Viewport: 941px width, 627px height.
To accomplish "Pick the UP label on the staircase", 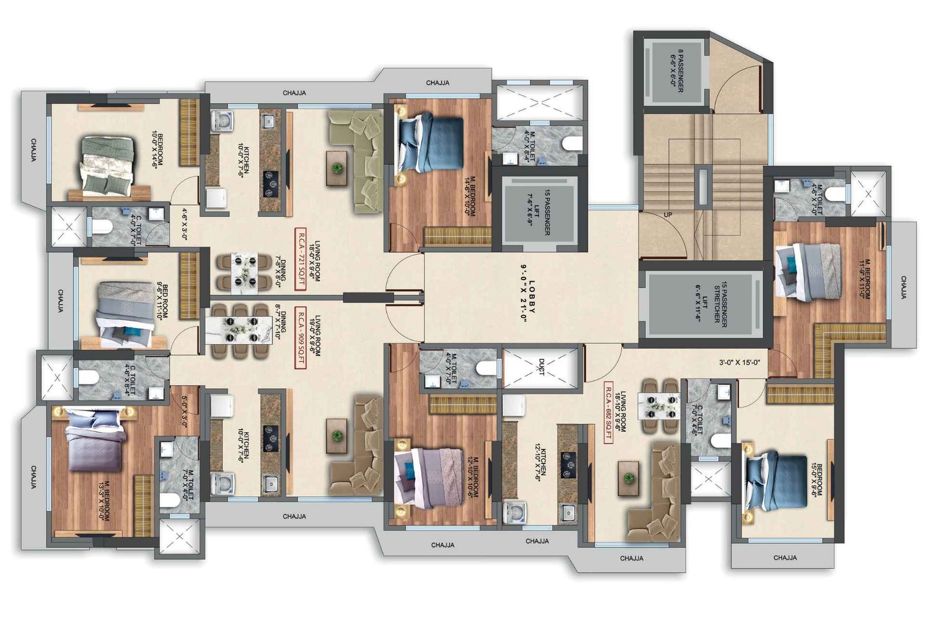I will pyautogui.click(x=668, y=215).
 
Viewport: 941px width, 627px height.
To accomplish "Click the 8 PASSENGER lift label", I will pyautogui.click(x=677, y=71).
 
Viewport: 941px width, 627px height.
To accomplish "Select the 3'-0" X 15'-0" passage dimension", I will pyautogui.click(x=739, y=363).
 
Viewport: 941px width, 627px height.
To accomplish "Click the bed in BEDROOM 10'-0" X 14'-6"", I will pyautogui.click(x=106, y=165).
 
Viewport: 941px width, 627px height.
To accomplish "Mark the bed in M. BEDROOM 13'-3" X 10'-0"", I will pyautogui.click(x=95, y=441).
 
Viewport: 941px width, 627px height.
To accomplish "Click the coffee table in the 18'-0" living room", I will pyautogui.click(x=337, y=168).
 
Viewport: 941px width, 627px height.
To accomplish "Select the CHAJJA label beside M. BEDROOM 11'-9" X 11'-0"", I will pyautogui.click(x=903, y=288).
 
